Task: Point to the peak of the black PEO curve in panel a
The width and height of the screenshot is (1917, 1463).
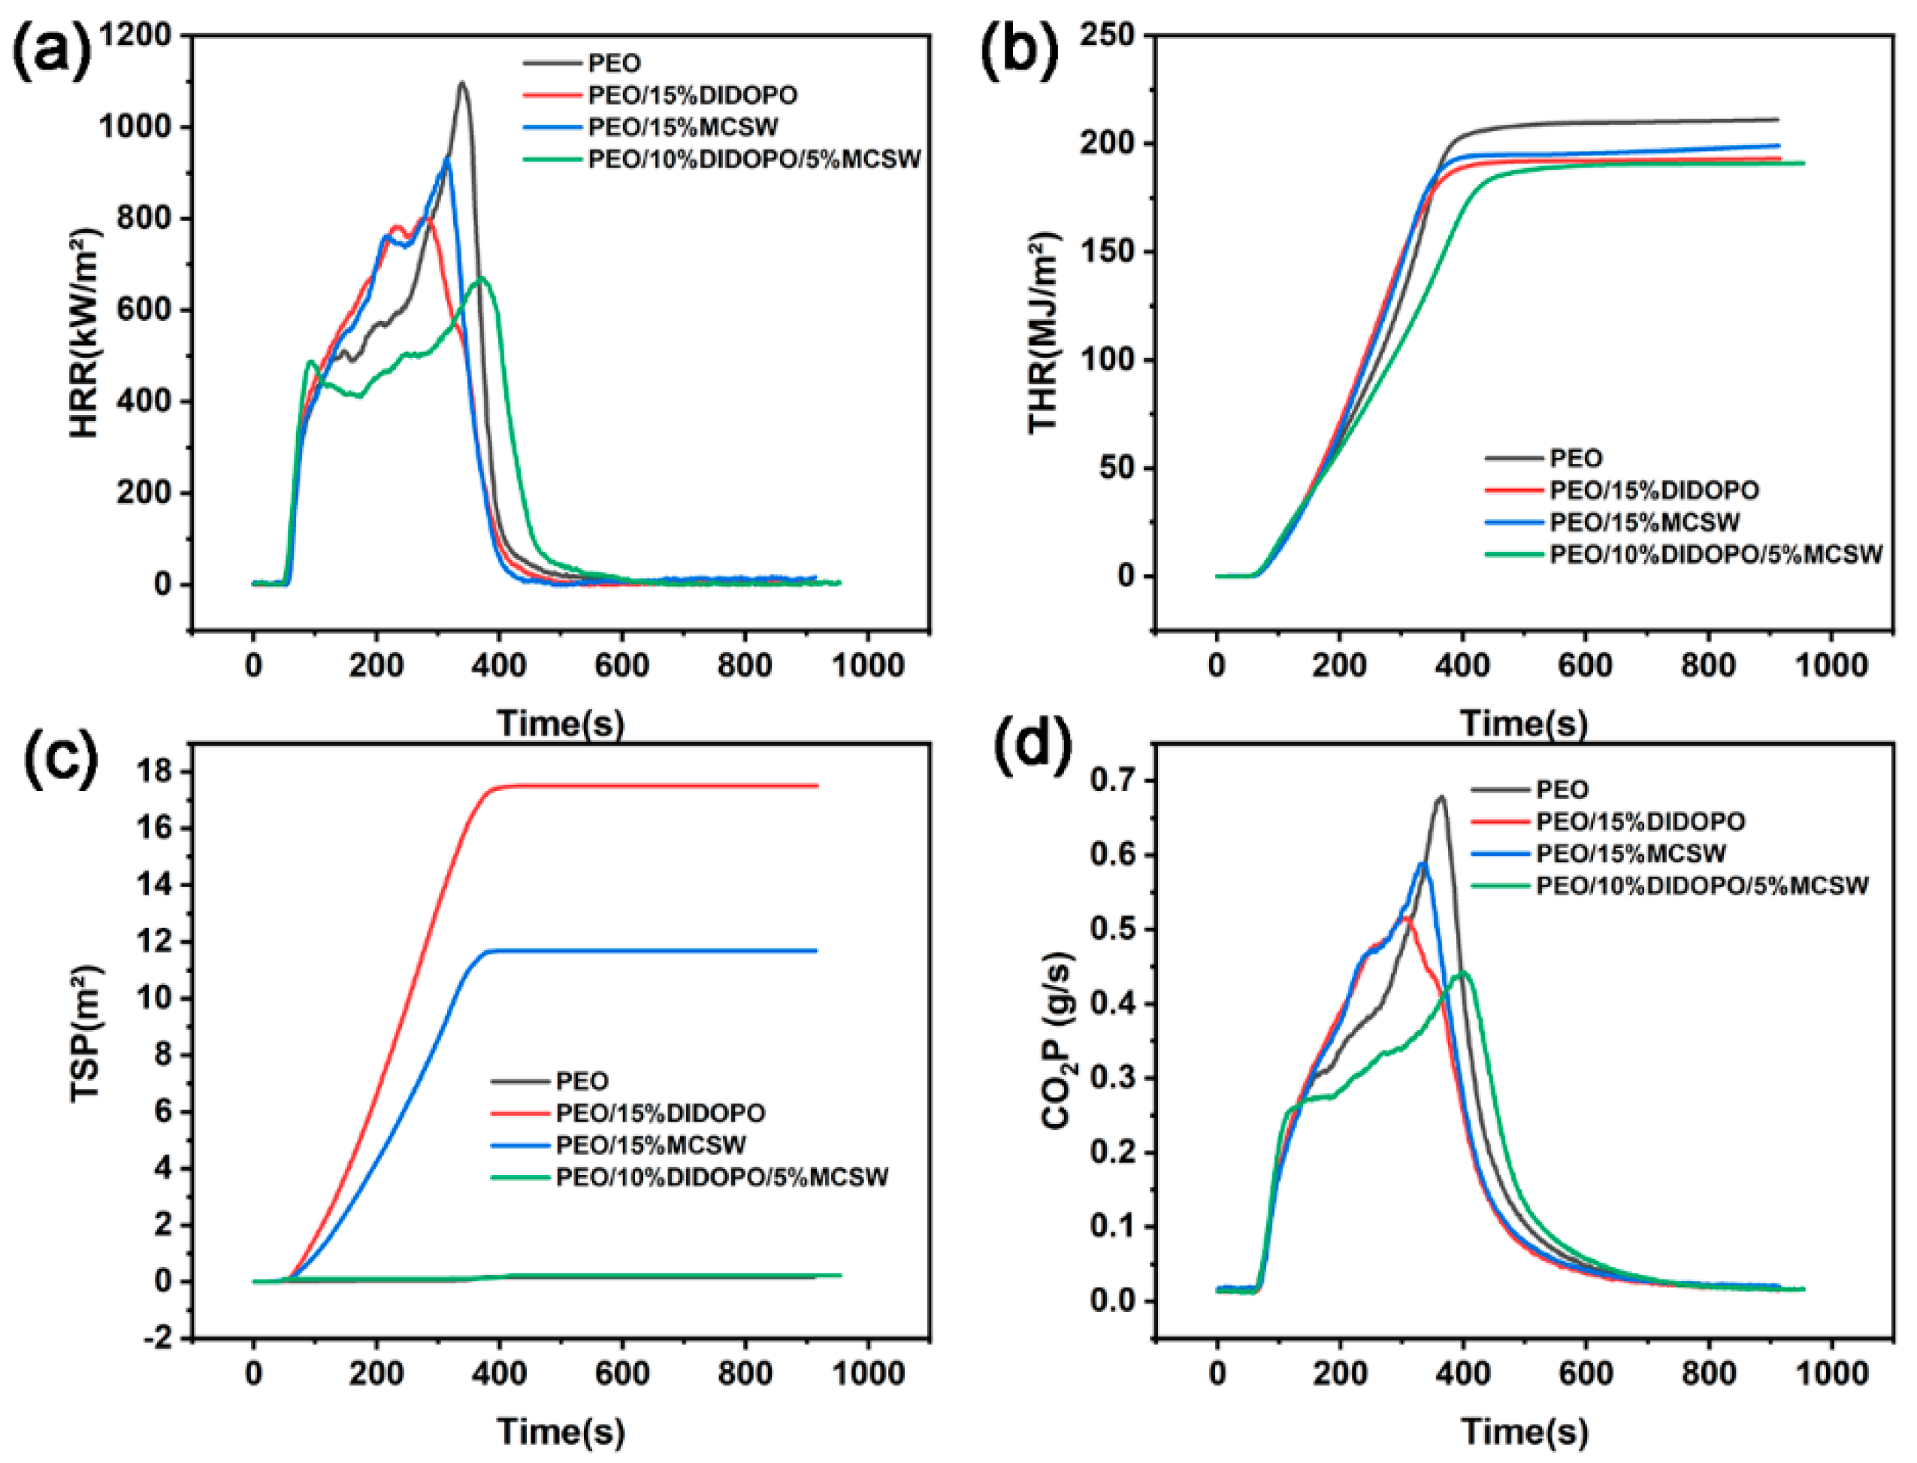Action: point(461,83)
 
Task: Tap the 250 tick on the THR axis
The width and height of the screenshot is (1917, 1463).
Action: point(1108,35)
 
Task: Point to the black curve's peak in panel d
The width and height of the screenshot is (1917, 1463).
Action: point(1441,797)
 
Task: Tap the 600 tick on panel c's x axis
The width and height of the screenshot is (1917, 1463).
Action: point(621,1374)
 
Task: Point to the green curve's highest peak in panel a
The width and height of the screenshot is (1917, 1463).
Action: point(483,279)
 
